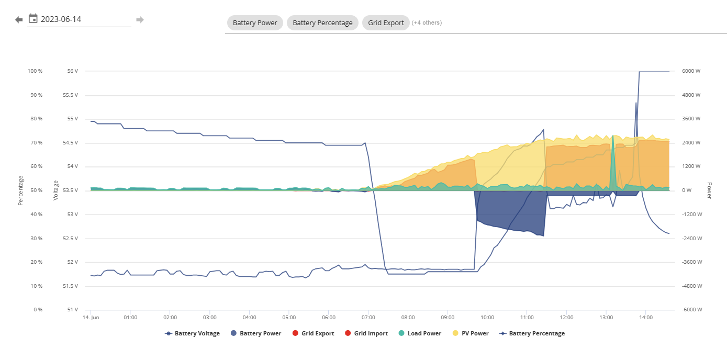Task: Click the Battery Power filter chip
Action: click(x=255, y=22)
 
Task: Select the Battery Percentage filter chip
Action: click(x=322, y=22)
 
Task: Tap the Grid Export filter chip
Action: click(x=386, y=22)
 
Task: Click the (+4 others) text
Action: click(x=427, y=22)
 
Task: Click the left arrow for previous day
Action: click(x=19, y=20)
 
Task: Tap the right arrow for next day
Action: click(x=140, y=20)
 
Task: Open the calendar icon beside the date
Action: click(x=33, y=18)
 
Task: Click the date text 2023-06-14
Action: click(x=61, y=19)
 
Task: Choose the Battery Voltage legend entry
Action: click(x=192, y=333)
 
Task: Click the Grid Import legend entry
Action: click(x=366, y=333)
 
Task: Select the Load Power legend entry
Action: click(x=420, y=333)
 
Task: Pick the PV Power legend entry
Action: click(x=471, y=333)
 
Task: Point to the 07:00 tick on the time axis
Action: click(x=368, y=318)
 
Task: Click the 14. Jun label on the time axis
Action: click(x=91, y=318)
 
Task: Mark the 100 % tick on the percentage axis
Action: click(x=35, y=71)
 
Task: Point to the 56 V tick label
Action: click(x=73, y=71)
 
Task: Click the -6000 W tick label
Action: click(x=692, y=310)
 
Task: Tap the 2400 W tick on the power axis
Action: click(x=691, y=143)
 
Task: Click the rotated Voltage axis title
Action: click(x=55, y=190)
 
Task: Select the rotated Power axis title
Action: click(x=710, y=190)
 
